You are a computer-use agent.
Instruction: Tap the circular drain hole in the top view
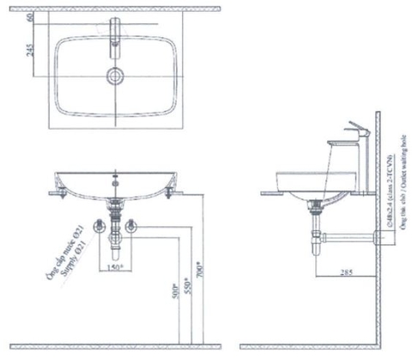click(115, 76)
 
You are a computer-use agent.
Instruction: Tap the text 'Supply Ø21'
click(86, 252)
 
